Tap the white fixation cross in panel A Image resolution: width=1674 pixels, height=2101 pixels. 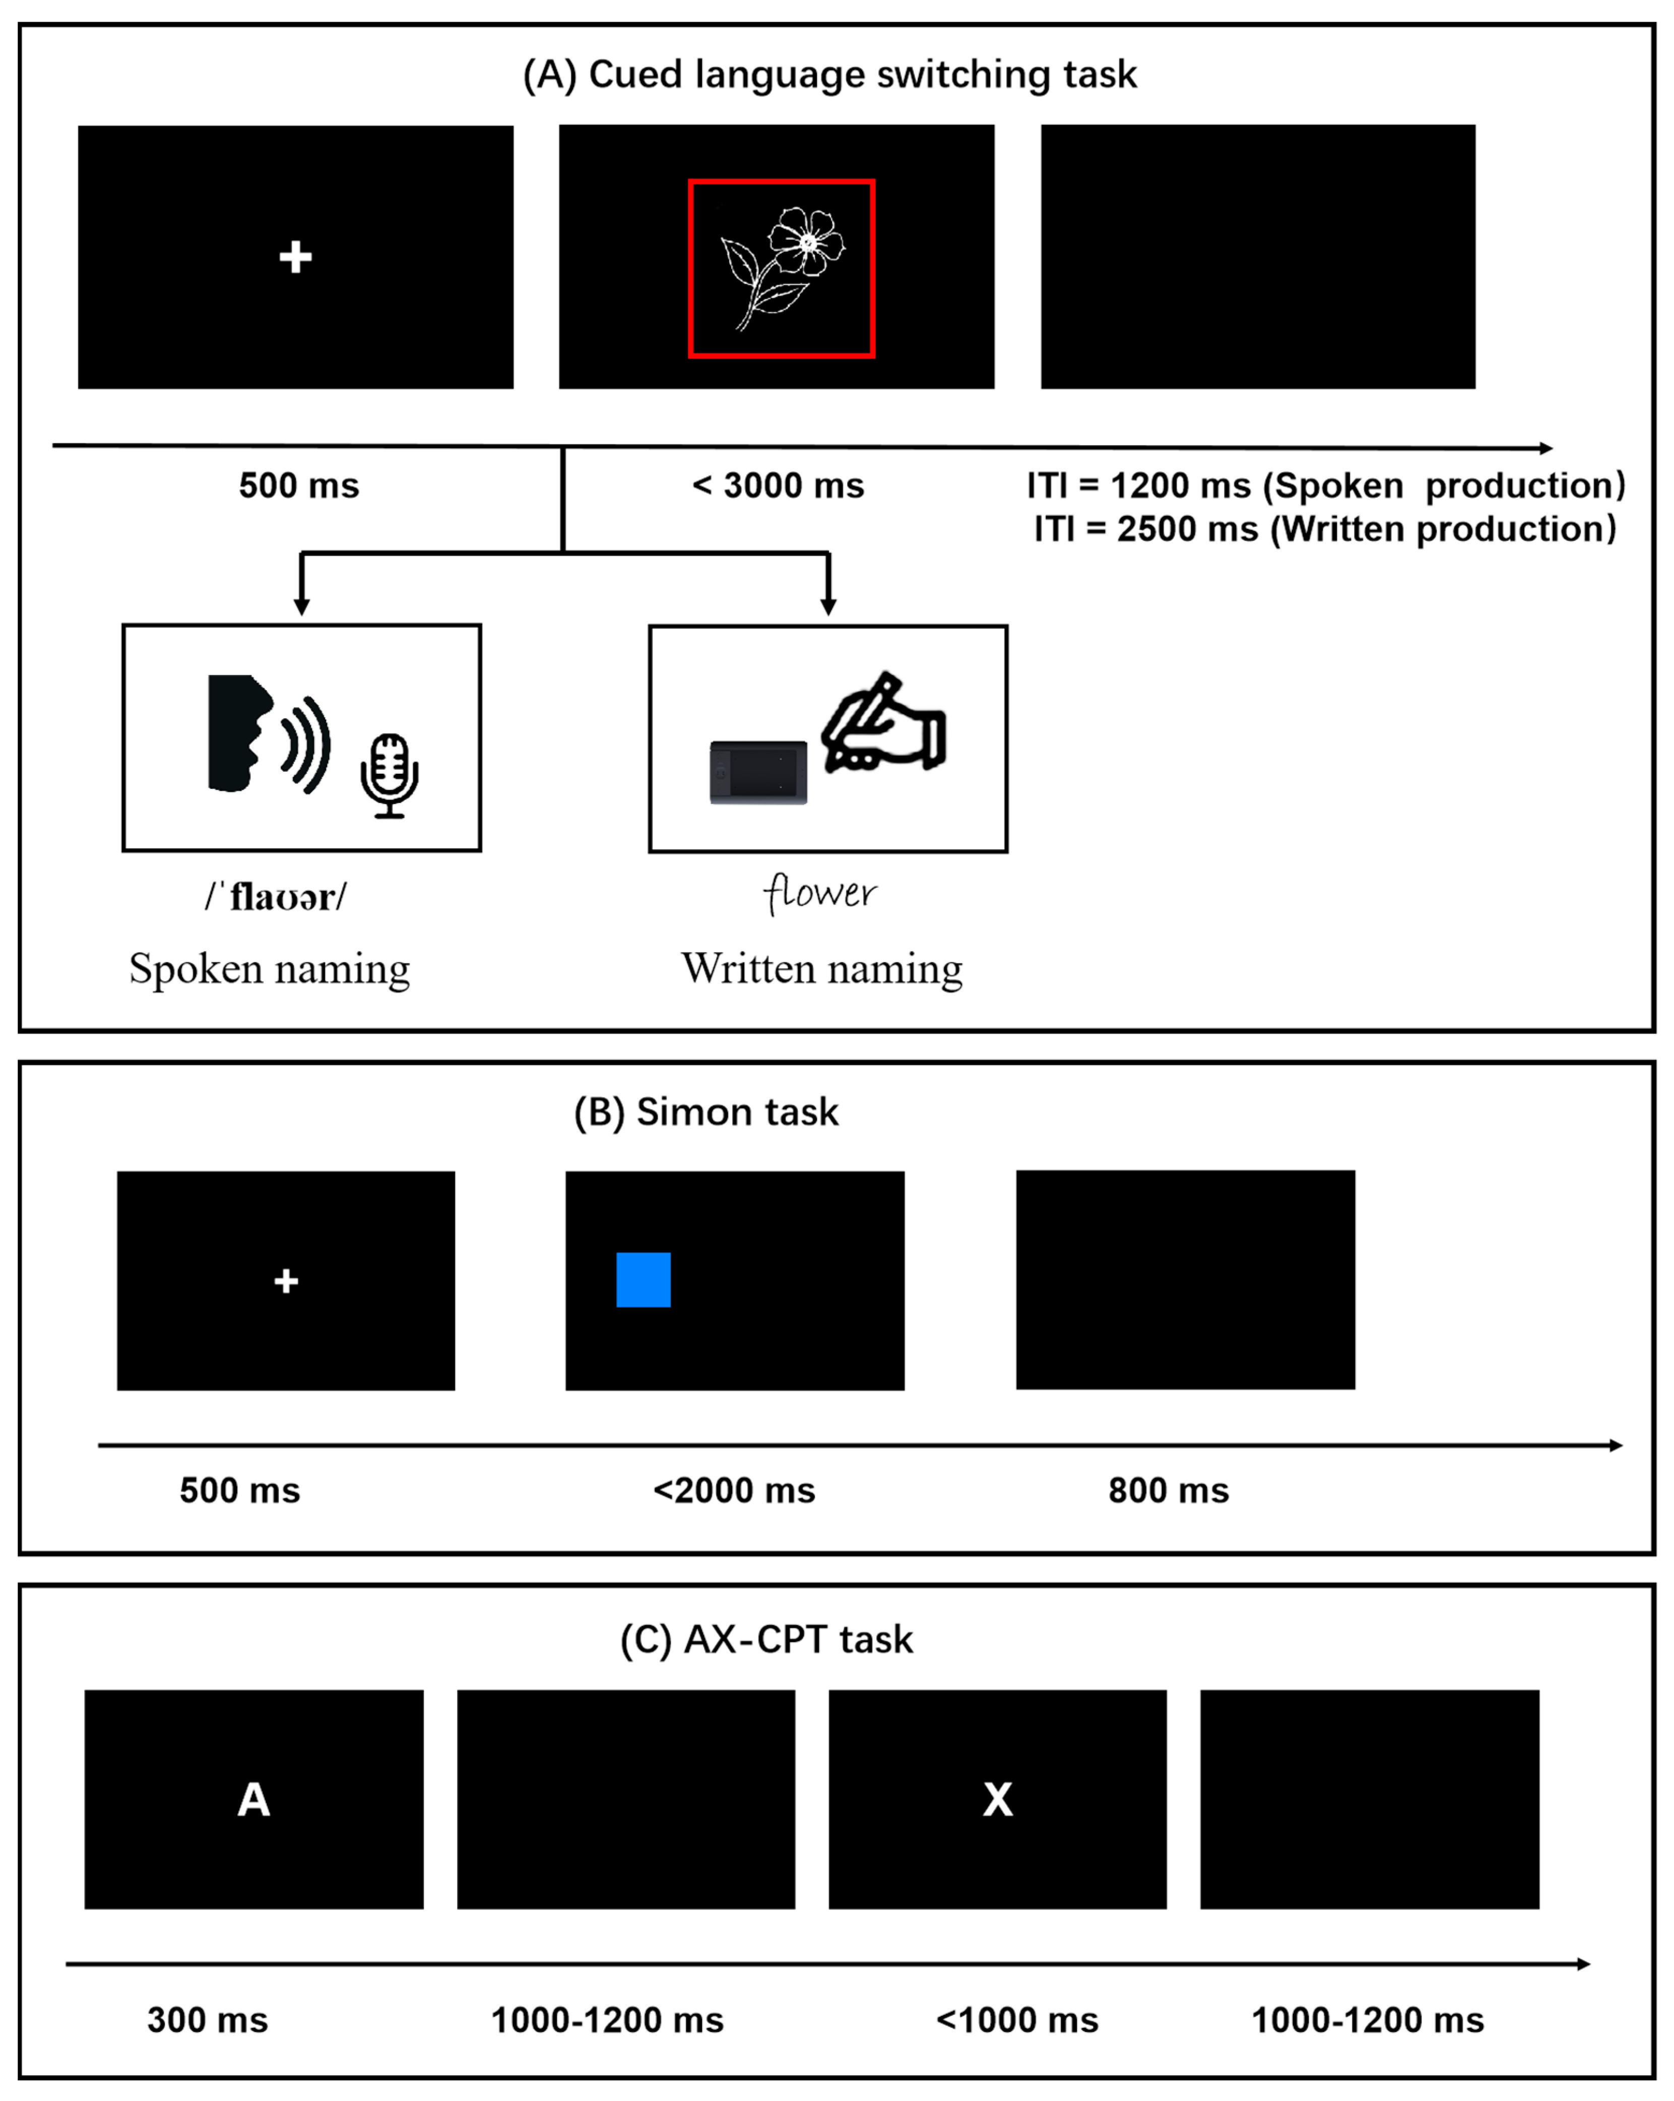click(295, 257)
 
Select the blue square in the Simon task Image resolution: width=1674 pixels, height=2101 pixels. click(643, 1279)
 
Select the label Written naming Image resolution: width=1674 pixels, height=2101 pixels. click(821, 969)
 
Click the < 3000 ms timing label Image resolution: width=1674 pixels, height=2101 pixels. click(778, 485)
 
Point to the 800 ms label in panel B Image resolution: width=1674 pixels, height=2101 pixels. click(1168, 1490)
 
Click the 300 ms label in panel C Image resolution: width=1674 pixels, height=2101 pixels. click(208, 2020)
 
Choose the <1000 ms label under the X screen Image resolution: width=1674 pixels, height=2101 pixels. click(1016, 2020)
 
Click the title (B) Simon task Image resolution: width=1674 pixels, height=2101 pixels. click(705, 1112)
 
